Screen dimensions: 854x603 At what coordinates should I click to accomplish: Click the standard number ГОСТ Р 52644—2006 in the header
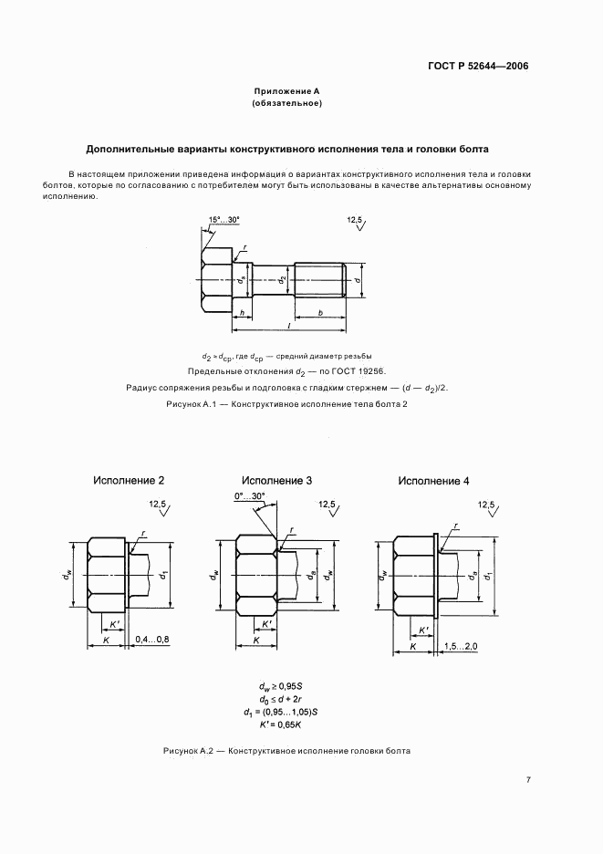478,67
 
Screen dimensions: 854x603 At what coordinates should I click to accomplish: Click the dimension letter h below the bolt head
240,313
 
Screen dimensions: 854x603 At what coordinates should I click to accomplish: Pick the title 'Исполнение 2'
129,480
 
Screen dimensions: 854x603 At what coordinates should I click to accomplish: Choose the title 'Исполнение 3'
277,480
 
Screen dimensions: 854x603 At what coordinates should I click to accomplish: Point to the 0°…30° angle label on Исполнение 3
249,496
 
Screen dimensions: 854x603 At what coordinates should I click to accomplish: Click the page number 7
528,779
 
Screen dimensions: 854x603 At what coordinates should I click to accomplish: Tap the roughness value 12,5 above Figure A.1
355,221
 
